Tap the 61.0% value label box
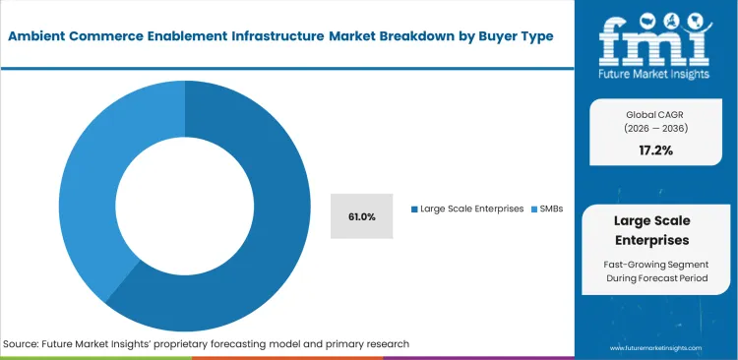[x=361, y=215]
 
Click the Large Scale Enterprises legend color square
[x=414, y=209]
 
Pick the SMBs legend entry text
[x=553, y=209]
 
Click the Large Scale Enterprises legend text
[x=471, y=209]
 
